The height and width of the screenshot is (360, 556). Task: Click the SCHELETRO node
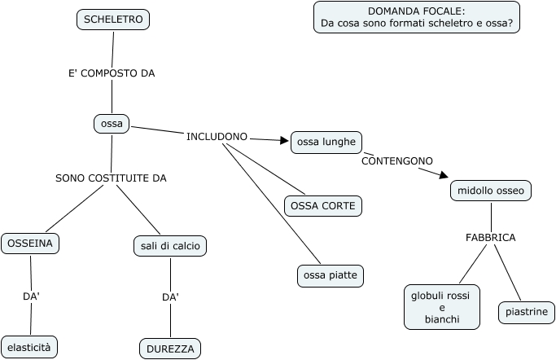point(113,20)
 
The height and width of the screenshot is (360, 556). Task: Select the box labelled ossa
point(112,124)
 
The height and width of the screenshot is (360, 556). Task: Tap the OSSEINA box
point(30,244)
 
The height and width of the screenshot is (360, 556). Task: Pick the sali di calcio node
point(170,246)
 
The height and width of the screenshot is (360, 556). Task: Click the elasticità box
point(29,348)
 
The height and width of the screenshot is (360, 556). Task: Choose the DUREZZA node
point(170,349)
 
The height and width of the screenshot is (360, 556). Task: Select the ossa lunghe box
point(326,143)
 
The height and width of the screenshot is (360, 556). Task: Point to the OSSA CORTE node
point(323,206)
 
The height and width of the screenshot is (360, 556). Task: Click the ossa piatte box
point(331,275)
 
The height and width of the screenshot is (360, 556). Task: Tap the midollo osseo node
point(491,191)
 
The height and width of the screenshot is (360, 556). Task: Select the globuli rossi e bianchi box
point(442,307)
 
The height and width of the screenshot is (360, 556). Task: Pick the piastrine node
point(527,313)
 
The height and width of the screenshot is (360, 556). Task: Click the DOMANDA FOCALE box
point(417,17)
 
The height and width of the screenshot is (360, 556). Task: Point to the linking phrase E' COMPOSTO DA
point(112,73)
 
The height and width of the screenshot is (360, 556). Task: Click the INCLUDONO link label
point(217,137)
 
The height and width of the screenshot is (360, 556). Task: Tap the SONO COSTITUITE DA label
point(111,178)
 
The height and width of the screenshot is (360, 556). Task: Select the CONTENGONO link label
point(397,161)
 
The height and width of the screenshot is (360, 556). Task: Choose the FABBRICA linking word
point(490,238)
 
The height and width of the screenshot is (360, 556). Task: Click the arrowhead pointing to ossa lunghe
point(284,140)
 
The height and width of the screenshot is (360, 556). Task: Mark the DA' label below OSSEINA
point(31,296)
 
